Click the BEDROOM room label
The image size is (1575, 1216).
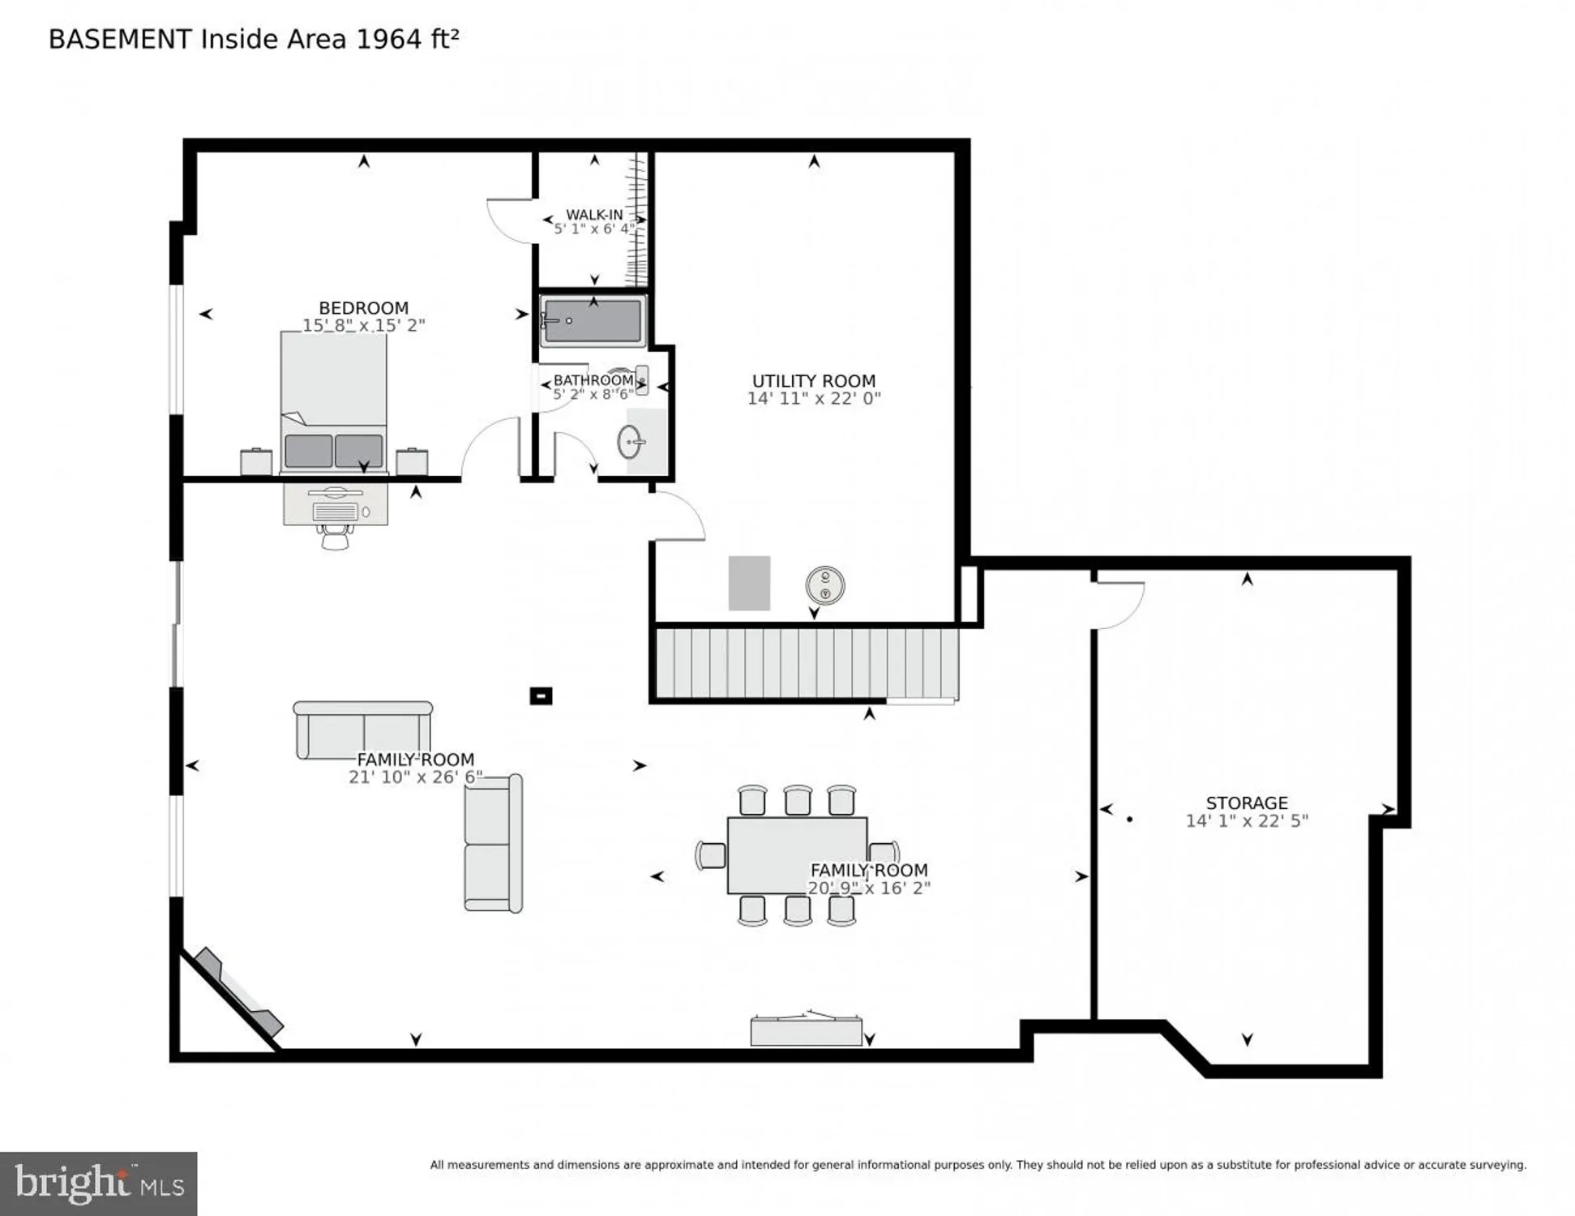tap(363, 308)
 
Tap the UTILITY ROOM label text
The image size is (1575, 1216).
tap(813, 381)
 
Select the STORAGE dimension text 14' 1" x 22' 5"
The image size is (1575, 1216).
tap(1246, 820)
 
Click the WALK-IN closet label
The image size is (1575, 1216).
tap(594, 215)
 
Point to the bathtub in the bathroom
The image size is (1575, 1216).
tap(593, 320)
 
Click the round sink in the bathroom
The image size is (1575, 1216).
tap(630, 442)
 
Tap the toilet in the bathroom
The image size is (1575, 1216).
tap(640, 379)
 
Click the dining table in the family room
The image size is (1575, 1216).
tap(796, 854)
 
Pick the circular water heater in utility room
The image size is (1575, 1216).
tap(824, 585)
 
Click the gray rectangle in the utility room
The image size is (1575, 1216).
tap(748, 583)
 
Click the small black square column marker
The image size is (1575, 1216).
tap(541, 696)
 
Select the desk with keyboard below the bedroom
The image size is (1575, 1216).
tap(335, 504)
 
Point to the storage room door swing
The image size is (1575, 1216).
tap(1119, 604)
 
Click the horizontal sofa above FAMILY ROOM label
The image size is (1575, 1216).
tap(362, 729)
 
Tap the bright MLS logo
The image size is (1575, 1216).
tap(98, 1183)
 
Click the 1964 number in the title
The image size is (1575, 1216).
tap(389, 39)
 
